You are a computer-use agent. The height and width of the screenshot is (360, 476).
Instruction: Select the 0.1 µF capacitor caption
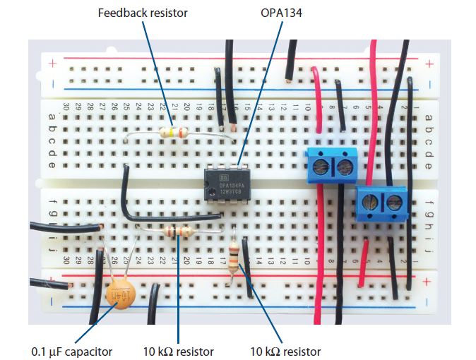point(71,351)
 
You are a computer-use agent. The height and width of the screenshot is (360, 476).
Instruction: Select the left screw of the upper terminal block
point(320,167)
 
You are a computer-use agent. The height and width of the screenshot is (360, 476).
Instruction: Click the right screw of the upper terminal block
point(345,167)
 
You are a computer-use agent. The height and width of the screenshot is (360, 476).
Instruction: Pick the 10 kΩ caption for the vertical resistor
point(285,351)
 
